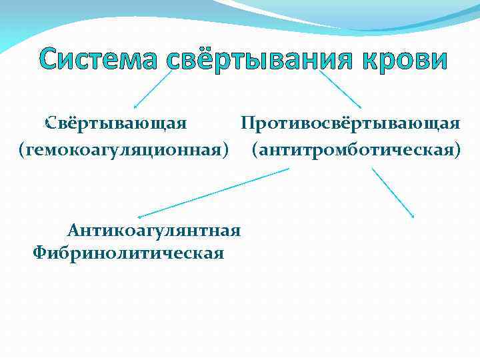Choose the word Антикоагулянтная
[x=153, y=231]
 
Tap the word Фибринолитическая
[x=128, y=253]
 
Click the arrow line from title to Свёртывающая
[x=153, y=89]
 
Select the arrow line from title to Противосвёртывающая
[x=340, y=89]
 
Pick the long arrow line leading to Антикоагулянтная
[x=213, y=193]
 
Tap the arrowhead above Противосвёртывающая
[x=359, y=107]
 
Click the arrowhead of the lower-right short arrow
[x=413, y=215]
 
